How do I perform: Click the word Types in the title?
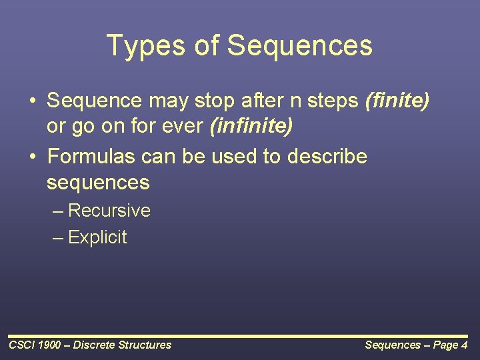[146, 46]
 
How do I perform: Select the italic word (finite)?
[397, 101]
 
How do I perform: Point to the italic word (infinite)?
[251, 126]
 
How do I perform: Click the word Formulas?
[91, 156]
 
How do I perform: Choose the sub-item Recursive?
[109, 210]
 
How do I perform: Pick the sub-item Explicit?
[97, 237]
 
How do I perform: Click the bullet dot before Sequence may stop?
[33, 101]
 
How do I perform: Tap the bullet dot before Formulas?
[33, 157]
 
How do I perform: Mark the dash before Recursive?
[58, 211]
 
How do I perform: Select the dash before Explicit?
[58, 238]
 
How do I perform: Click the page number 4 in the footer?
[465, 345]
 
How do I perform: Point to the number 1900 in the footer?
[49, 345]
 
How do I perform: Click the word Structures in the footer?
[145, 345]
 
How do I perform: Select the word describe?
[327, 156]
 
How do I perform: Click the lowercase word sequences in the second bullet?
[98, 183]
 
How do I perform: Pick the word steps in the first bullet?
[333, 101]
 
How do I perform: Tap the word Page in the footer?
[446, 345]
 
